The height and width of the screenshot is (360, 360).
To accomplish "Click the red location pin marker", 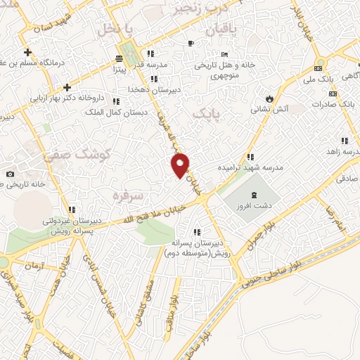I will (x=181, y=165).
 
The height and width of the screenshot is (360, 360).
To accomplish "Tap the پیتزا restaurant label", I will (x=117, y=70).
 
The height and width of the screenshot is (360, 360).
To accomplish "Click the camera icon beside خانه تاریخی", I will (x=10, y=174).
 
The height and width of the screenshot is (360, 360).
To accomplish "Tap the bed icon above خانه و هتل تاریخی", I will (x=224, y=55).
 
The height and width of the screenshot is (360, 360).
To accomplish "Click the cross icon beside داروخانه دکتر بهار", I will (x=67, y=87).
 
